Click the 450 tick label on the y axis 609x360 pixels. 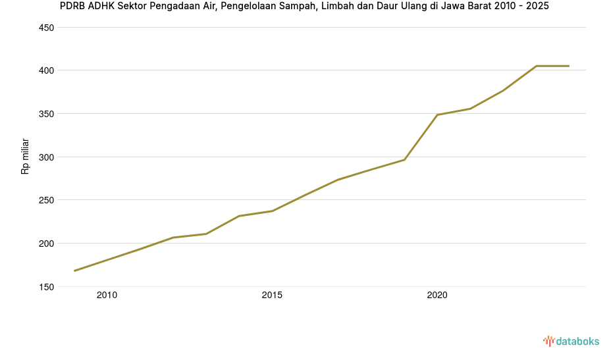click(x=46, y=28)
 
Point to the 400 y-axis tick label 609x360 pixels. click(x=46, y=70)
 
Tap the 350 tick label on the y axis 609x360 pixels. click(x=46, y=114)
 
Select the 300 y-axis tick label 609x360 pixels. click(x=46, y=157)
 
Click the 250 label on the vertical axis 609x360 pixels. click(x=46, y=200)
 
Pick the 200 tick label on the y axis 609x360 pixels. click(x=46, y=244)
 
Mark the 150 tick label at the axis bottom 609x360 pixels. click(x=46, y=287)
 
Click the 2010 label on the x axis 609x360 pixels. click(x=107, y=296)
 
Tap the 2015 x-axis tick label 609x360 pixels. click(x=272, y=296)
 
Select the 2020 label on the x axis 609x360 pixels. click(x=437, y=296)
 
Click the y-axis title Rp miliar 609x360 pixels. click(x=25, y=156)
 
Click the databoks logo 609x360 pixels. click(x=571, y=341)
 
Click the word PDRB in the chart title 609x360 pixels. click(x=72, y=7)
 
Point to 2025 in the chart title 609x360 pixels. click(x=537, y=7)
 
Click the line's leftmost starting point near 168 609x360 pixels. click(x=74, y=270)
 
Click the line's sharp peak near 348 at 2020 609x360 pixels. click(x=437, y=115)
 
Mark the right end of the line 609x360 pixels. click(x=569, y=66)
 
